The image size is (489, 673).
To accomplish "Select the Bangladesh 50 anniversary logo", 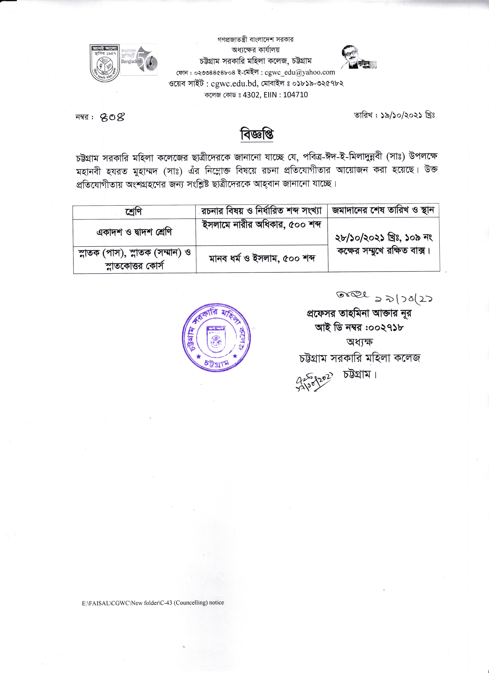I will pyautogui.click(x=139, y=59).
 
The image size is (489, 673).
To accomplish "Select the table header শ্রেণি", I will pyautogui.click(x=134, y=211).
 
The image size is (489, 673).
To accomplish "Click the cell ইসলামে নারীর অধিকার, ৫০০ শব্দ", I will pyautogui.click(x=262, y=225).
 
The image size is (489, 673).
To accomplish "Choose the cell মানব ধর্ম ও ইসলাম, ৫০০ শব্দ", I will pyautogui.click(x=262, y=258).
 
